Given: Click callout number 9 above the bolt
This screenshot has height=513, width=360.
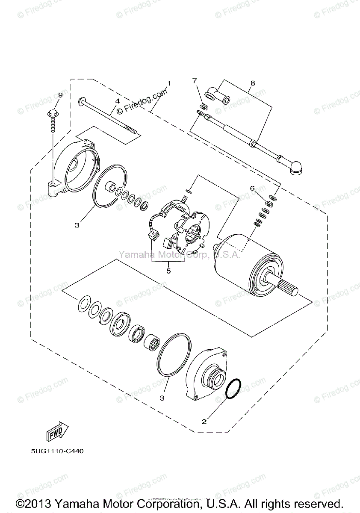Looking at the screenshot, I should [x=60, y=95].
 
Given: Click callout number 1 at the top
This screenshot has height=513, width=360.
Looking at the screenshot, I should [x=169, y=83].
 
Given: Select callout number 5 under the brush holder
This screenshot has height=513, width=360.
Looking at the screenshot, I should [x=168, y=271].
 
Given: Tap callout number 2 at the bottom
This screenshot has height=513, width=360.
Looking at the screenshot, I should [x=204, y=421].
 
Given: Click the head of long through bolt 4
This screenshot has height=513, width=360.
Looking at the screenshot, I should [x=81, y=102].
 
